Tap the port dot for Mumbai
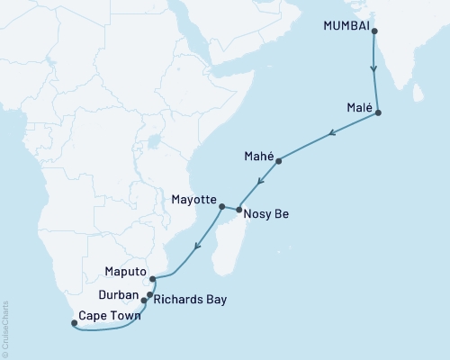[373, 31]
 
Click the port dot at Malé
[378, 112]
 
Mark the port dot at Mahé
[279, 161]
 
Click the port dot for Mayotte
[221, 207]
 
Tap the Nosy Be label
[267, 215]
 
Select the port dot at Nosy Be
[238, 211]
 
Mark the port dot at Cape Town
[74, 323]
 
